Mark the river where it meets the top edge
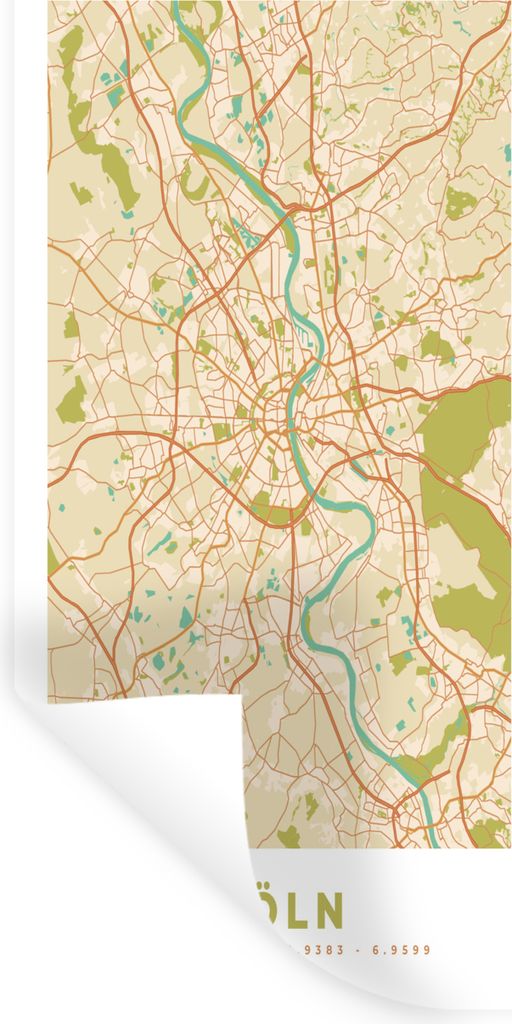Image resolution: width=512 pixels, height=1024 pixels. point(182,5)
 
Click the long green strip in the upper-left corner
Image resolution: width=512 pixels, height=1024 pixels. point(100,150)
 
